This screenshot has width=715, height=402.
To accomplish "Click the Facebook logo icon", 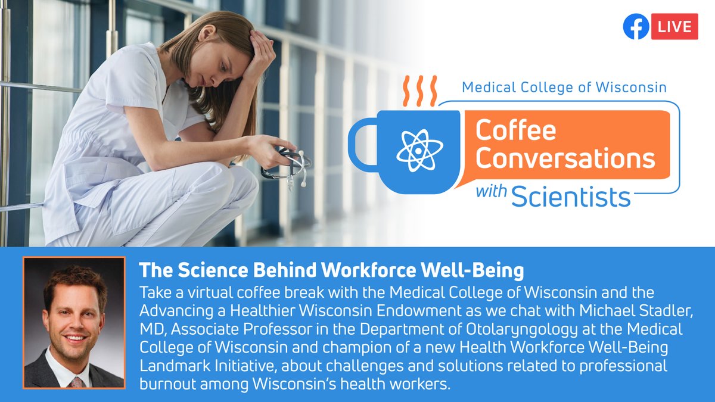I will click(636, 27).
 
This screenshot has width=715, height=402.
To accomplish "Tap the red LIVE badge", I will click(674, 27).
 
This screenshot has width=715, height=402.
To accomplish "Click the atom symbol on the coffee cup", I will click(419, 149).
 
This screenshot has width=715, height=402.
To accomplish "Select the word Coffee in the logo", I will click(515, 130).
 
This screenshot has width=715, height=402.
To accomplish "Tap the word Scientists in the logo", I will click(570, 196).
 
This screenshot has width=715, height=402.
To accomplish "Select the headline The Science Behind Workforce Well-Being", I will click(331, 271).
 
